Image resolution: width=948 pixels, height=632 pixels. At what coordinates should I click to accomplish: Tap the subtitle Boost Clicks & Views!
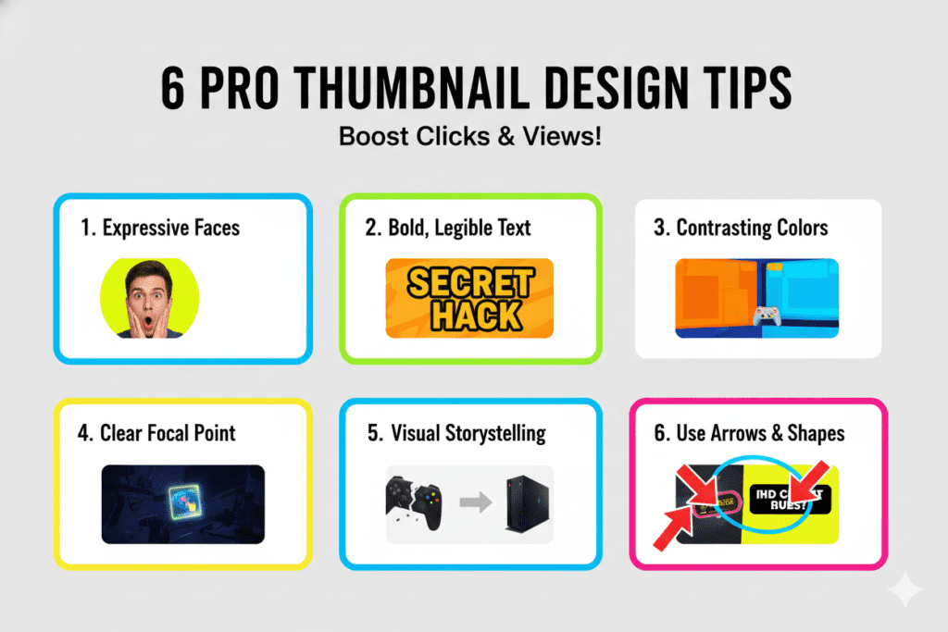coord(470,137)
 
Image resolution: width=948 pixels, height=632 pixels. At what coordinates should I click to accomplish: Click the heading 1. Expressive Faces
coord(160,228)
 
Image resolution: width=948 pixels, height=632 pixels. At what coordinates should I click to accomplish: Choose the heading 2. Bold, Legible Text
coord(448,228)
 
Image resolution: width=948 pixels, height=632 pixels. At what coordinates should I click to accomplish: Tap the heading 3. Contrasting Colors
coord(741,228)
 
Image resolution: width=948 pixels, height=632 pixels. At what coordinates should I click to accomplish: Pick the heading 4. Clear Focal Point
coord(156,432)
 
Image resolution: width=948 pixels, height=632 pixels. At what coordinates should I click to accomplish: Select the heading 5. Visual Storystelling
coord(455,432)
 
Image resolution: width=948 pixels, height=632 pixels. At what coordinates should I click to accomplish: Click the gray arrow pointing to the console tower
coord(475,503)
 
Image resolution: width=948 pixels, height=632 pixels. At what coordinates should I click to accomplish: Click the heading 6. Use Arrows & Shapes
coord(749,432)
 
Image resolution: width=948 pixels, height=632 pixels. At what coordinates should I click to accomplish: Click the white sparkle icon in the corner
coord(904,589)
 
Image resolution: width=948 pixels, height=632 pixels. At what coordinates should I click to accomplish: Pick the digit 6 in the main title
coord(173,90)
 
